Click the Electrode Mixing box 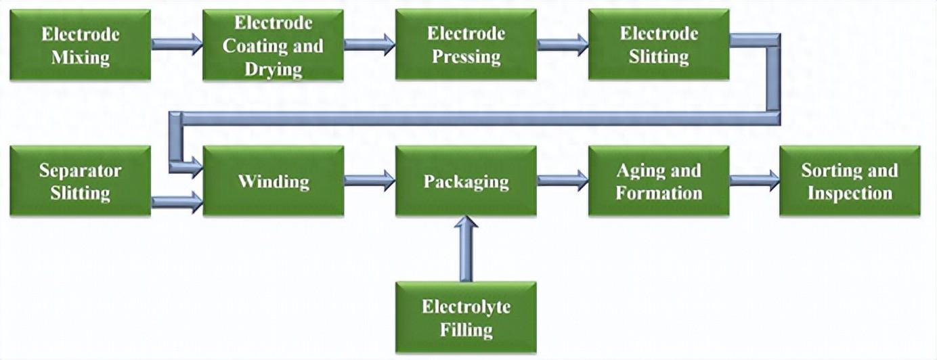(80, 45)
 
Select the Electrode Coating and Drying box (273, 45)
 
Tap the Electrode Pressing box (466, 45)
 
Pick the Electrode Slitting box (659, 45)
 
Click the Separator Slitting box (80, 181)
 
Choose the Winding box (273, 181)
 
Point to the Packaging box (466, 181)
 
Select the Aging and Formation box (659, 181)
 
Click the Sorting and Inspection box (850, 181)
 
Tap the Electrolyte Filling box (466, 317)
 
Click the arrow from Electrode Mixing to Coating (177, 44)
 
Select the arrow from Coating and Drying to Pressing (369, 44)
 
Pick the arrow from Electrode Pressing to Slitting (562, 45)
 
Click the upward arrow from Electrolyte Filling (466, 248)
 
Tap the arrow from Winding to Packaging (369, 180)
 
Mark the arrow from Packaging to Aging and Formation (562, 180)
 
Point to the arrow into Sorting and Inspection (754, 180)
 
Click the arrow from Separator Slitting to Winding (177, 201)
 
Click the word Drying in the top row (273, 68)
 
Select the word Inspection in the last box (850, 194)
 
